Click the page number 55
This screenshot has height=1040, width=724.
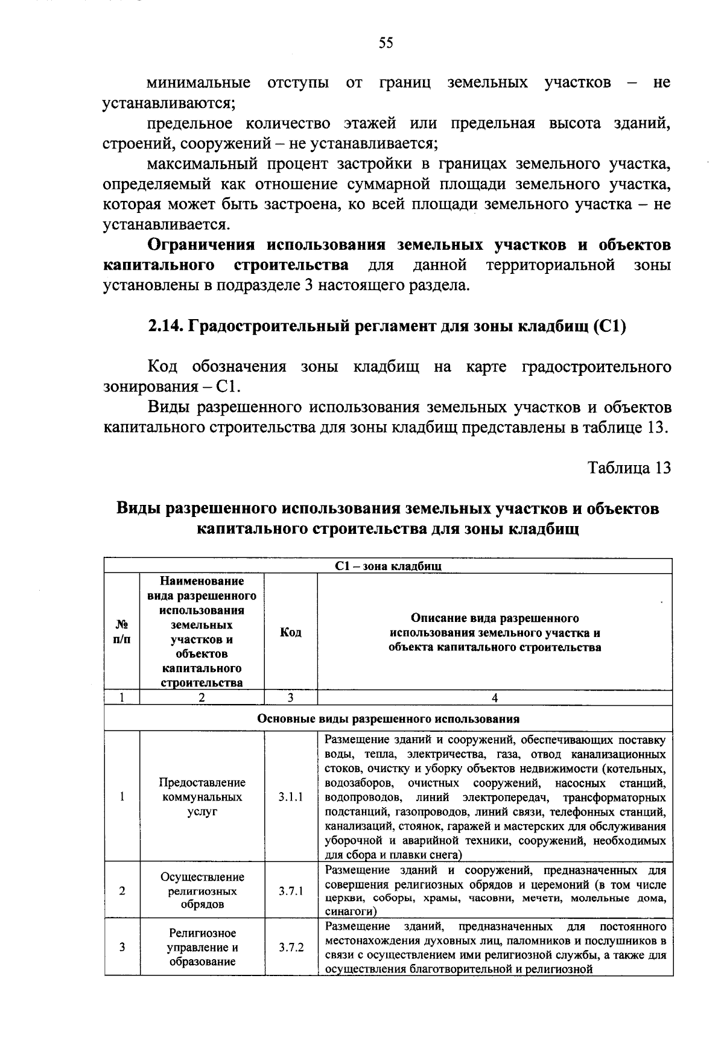point(386,42)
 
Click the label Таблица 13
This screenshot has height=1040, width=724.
point(629,468)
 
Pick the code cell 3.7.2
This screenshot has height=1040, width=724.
point(291,947)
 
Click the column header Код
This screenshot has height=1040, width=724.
point(291,632)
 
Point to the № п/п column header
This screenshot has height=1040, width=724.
point(122,632)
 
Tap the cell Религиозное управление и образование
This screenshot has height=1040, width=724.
point(202,947)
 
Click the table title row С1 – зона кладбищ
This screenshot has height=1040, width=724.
point(388,566)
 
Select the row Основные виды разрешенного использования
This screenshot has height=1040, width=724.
point(388,718)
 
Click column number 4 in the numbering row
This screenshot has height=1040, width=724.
point(495,698)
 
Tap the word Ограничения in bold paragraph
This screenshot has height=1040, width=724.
point(202,245)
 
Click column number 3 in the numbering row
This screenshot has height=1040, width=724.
point(291,698)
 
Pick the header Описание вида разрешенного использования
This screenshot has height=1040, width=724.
point(495,633)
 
